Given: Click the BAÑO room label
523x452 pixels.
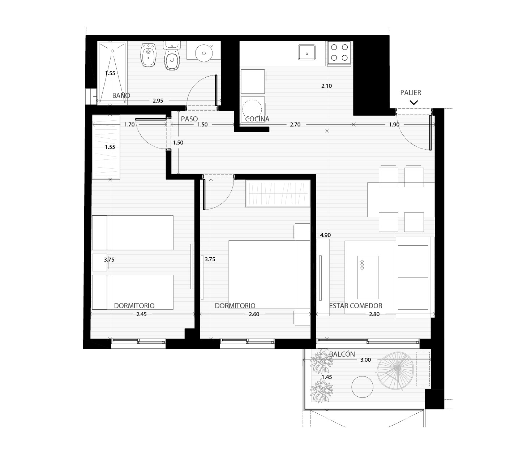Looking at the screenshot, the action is pos(121,95).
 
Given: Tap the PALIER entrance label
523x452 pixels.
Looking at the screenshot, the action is pos(410,92).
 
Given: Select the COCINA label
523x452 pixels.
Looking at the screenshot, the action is pos(257,119).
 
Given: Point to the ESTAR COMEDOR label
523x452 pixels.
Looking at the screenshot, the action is pos(356,306).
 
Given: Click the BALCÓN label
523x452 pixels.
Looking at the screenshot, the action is pos(342,354).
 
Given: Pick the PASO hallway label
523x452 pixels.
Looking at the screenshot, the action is pos(189,119).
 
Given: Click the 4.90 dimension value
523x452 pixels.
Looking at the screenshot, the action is pos(325,235).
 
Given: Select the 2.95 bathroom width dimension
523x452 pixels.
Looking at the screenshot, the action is pos(158,101).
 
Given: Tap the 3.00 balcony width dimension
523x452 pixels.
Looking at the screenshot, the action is pos(366,360).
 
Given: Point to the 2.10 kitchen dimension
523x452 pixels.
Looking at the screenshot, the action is pos(327,86).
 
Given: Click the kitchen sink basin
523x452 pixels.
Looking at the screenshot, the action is pos(306,52).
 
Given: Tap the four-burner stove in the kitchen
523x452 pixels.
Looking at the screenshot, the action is pos(339,52).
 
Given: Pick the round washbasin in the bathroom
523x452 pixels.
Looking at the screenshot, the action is pos(204,53).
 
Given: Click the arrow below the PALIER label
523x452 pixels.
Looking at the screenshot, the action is pos(414,103).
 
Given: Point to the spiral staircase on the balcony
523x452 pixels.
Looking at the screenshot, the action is pos(395,371).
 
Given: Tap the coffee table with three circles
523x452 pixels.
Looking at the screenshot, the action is pos(368,277).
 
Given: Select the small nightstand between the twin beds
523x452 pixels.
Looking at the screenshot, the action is pos(99,262).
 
